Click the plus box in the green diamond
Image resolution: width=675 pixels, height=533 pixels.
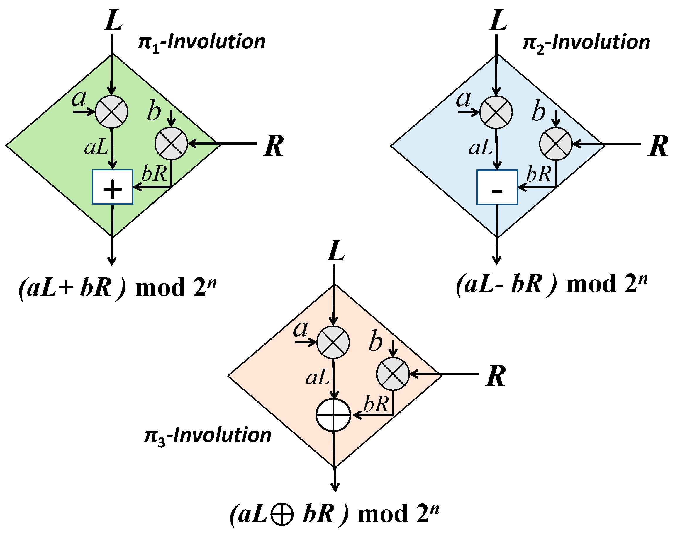click(x=112, y=187)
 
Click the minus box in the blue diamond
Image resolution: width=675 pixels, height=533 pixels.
click(x=497, y=188)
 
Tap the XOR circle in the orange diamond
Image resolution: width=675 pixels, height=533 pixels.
click(x=333, y=415)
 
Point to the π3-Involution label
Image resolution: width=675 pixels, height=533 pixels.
click(x=208, y=436)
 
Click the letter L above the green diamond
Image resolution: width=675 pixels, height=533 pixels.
click(x=113, y=20)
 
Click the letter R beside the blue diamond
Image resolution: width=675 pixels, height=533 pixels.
click(x=658, y=146)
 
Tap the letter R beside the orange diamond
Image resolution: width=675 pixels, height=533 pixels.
click(x=496, y=376)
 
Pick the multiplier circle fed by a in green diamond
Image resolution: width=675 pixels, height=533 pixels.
click(x=111, y=112)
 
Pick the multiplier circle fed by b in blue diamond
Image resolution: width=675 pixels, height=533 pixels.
click(x=556, y=144)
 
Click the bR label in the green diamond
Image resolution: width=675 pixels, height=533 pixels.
click(x=154, y=173)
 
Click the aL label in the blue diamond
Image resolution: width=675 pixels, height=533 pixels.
click(x=481, y=148)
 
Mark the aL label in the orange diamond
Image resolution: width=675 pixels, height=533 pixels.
click(x=318, y=378)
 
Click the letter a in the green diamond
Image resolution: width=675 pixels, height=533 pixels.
click(x=79, y=99)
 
